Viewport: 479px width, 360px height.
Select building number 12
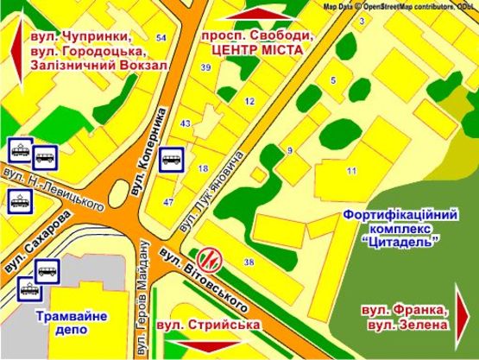click(249, 102)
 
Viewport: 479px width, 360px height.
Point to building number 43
click(185, 124)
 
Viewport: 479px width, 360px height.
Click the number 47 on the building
click(168, 202)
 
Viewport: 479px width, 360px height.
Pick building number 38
click(249, 262)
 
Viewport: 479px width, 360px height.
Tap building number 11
click(351, 172)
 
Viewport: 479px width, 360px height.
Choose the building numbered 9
click(290, 152)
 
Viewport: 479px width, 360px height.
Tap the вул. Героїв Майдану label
click(145, 303)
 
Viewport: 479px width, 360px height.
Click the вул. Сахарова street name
click(36, 245)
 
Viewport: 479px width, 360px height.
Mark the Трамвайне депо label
click(72, 323)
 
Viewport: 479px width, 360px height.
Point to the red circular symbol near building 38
click(211, 257)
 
